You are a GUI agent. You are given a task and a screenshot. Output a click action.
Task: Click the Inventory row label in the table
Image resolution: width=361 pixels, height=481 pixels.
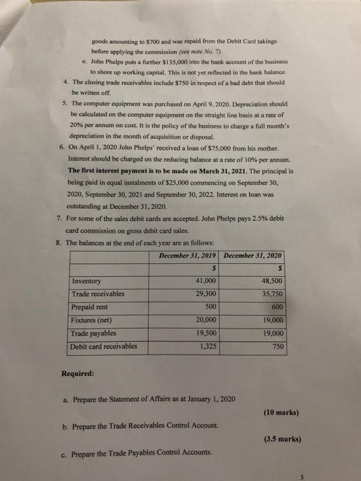86,281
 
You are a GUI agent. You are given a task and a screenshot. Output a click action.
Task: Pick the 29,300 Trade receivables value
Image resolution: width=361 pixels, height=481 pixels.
206,294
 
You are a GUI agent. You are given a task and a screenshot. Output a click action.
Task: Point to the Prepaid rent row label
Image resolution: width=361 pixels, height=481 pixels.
91,307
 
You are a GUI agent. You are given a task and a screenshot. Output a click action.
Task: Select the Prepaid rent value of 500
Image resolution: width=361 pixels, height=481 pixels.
210,307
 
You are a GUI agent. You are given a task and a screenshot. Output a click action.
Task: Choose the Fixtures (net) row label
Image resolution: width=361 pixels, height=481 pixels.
94,320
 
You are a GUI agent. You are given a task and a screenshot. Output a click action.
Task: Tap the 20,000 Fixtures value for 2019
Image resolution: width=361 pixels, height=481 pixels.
206,320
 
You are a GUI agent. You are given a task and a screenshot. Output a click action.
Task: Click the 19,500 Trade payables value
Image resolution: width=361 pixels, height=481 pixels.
206,333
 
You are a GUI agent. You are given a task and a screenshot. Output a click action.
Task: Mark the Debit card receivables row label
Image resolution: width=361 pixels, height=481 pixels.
104,346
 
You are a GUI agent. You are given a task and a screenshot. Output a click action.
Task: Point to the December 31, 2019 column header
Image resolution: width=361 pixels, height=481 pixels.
186,255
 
